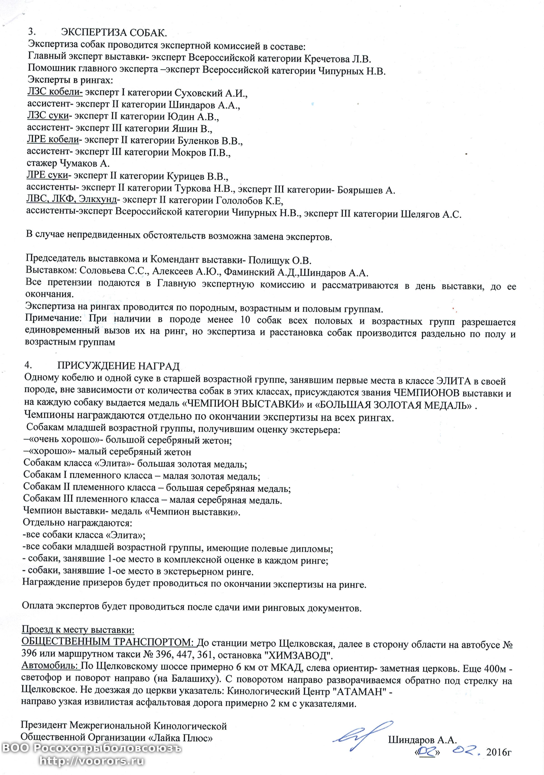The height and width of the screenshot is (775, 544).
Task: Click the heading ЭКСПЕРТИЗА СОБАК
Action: (x=114, y=33)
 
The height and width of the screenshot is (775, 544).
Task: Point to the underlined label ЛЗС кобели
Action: (x=55, y=92)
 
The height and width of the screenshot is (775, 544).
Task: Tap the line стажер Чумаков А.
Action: (x=68, y=163)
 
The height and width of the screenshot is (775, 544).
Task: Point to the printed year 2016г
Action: (x=499, y=752)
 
